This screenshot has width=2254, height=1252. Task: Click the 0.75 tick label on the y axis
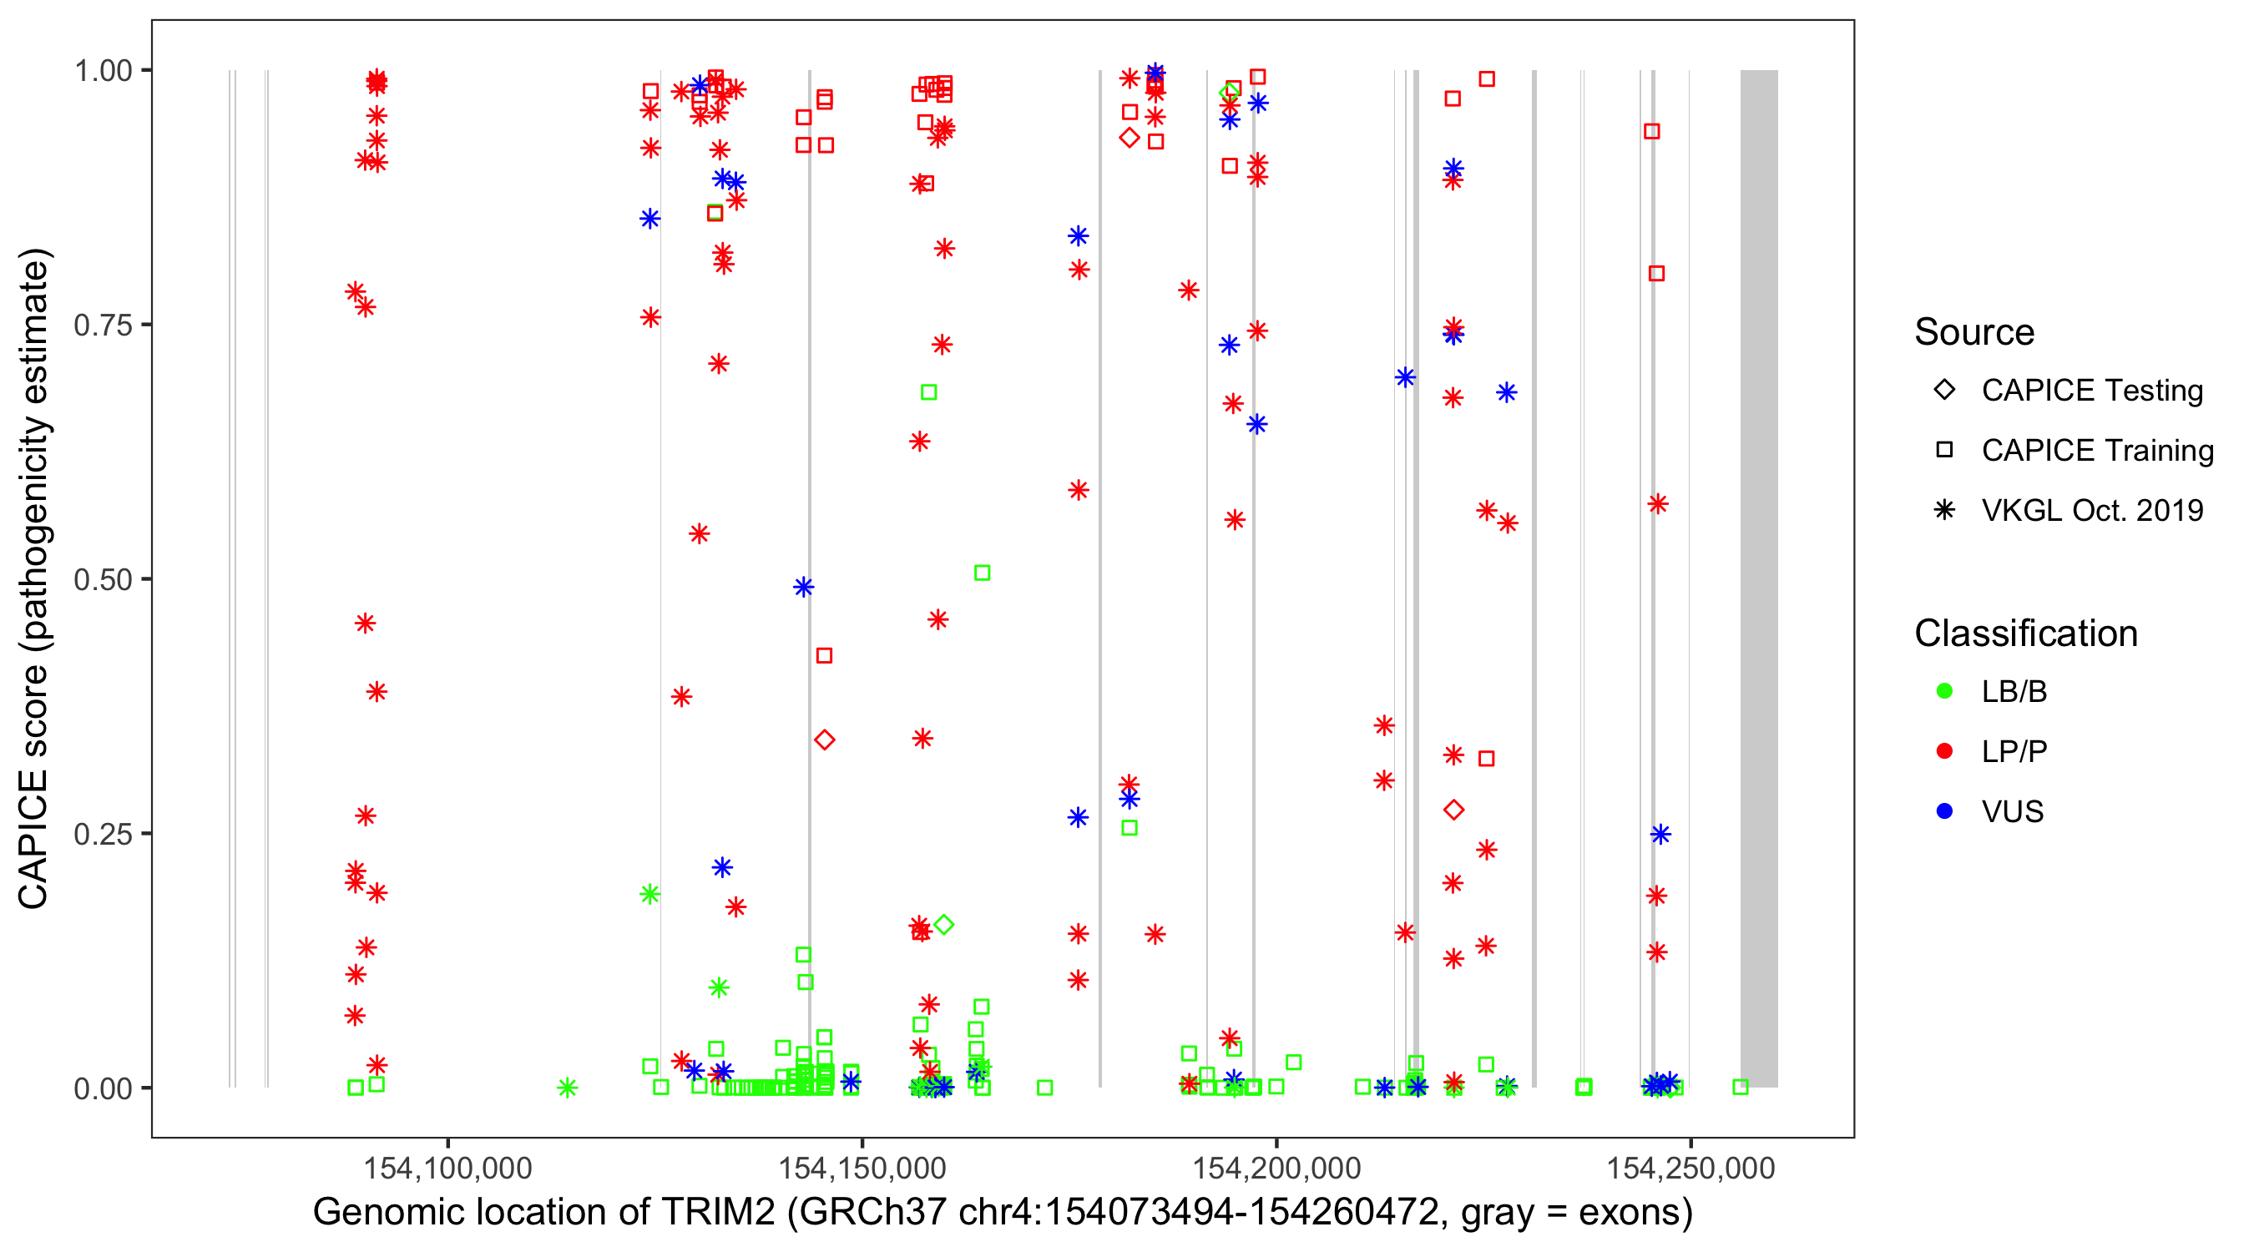(x=102, y=325)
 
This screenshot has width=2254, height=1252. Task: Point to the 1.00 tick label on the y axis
(x=102, y=70)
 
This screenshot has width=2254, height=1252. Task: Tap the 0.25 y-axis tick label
(x=102, y=834)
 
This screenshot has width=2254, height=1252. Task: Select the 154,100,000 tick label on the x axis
(x=447, y=1168)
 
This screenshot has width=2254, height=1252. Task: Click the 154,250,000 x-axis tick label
(x=1690, y=1168)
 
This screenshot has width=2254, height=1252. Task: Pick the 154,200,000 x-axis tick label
(x=1276, y=1168)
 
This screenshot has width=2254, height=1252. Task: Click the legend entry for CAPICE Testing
(x=2091, y=391)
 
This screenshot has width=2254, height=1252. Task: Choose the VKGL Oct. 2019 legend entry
(x=2091, y=510)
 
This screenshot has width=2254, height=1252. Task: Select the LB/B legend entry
(x=2014, y=691)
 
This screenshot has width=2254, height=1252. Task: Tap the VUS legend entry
(x=2012, y=812)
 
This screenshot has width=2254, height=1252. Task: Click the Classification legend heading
(x=2025, y=634)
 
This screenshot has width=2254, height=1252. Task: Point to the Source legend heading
(x=1974, y=332)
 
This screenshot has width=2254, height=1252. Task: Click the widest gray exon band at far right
(x=1758, y=578)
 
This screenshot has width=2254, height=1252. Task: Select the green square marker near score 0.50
(x=982, y=573)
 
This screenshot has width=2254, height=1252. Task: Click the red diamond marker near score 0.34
(x=824, y=740)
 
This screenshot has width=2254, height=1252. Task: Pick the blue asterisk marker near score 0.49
(x=803, y=587)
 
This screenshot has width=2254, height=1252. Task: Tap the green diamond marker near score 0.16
(x=943, y=925)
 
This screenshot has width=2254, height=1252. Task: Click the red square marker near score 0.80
(x=1656, y=274)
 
